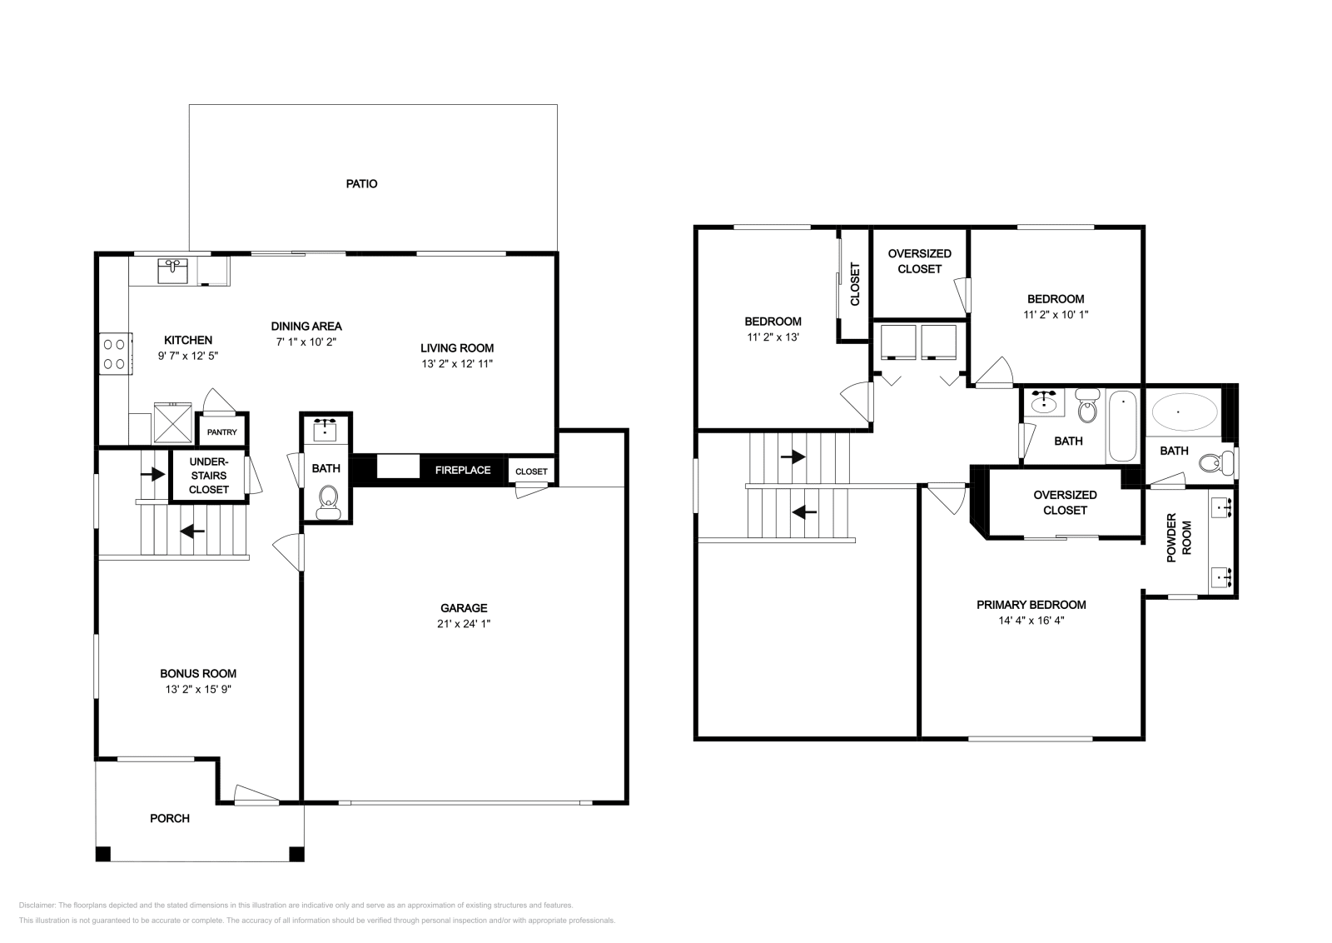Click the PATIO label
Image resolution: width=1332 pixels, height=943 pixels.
click(361, 184)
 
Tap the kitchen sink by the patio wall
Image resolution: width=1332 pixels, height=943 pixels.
click(172, 271)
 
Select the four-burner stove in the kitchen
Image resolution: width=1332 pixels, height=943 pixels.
click(116, 353)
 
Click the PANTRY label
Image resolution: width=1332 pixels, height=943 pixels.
click(221, 432)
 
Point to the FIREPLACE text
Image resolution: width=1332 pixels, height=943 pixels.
click(463, 470)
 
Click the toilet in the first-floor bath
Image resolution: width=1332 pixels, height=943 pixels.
click(328, 502)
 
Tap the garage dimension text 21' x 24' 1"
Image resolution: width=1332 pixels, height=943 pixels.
click(464, 623)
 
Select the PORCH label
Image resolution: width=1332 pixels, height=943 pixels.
click(170, 818)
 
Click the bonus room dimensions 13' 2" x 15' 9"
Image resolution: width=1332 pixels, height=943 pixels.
click(198, 689)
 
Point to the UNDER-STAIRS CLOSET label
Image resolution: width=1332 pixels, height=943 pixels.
click(209, 476)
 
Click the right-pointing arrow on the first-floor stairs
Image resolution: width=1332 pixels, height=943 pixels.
click(153, 474)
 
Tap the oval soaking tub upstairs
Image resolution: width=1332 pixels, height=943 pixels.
click(1185, 412)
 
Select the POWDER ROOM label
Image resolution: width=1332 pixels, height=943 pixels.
click(1179, 538)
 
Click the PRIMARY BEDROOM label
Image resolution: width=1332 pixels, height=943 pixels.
click(1031, 605)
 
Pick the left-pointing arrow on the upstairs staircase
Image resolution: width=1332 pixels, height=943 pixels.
click(804, 511)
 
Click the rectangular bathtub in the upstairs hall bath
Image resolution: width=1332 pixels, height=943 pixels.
click(1123, 426)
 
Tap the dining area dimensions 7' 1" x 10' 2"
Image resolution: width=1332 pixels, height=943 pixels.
click(306, 342)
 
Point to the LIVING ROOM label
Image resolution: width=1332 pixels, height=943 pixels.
click(457, 348)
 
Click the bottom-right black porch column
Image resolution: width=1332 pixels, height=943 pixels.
click(296, 854)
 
